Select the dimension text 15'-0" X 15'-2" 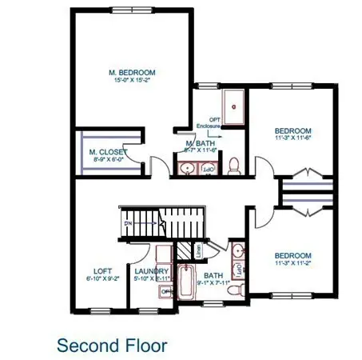tap(132, 81)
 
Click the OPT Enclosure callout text tap(212, 121)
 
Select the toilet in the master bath tap(234, 166)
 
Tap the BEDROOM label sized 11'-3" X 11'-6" tap(292, 130)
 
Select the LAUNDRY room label tap(151, 271)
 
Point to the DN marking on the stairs tap(128, 224)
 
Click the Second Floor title tap(112, 345)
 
